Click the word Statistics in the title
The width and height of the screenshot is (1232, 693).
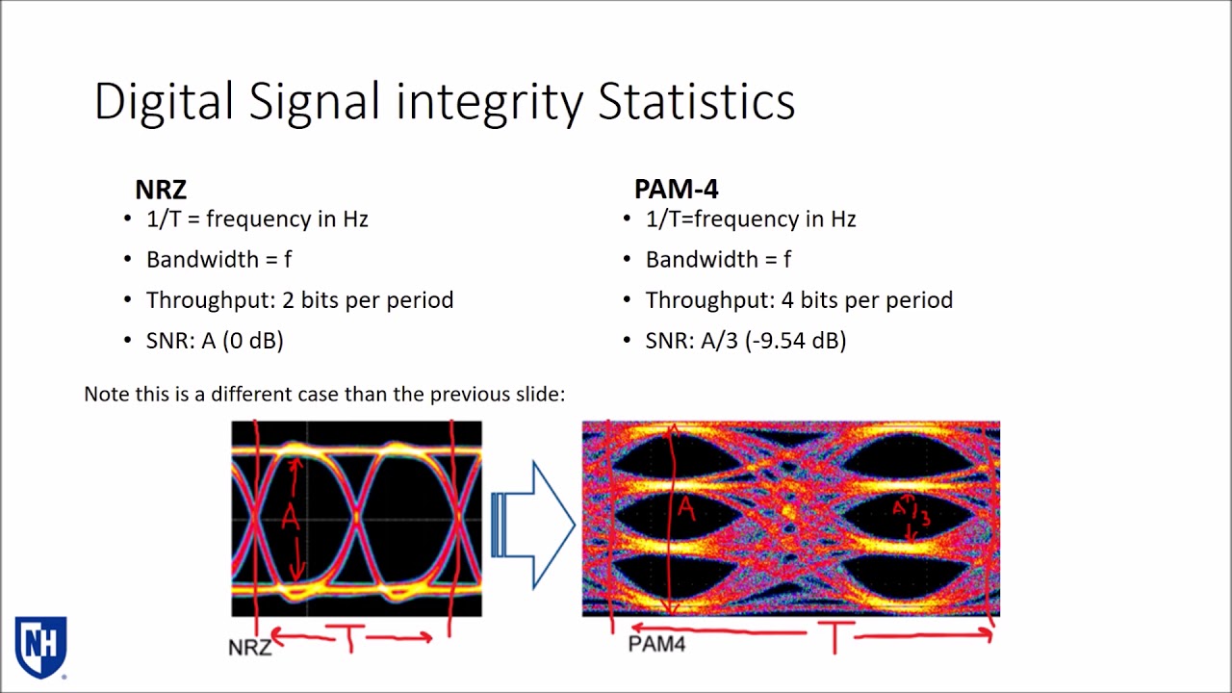pyautogui.click(x=696, y=102)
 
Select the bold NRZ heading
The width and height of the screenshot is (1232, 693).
pyautogui.click(x=161, y=190)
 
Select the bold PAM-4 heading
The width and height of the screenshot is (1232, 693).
pyautogui.click(x=676, y=190)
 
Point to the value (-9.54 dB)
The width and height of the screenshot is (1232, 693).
pyautogui.click(x=795, y=341)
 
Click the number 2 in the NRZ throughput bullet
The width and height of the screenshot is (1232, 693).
pyautogui.click(x=288, y=300)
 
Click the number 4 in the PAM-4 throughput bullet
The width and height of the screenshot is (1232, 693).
pyautogui.click(x=787, y=300)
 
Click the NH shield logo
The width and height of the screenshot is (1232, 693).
pyautogui.click(x=40, y=648)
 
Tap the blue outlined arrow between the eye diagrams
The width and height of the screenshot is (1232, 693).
pyautogui.click(x=533, y=526)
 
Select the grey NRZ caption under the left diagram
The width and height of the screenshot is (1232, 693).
pyautogui.click(x=249, y=648)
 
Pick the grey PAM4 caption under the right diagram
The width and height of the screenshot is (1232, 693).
pyautogui.click(x=656, y=644)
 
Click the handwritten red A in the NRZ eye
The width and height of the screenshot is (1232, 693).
pyautogui.click(x=291, y=517)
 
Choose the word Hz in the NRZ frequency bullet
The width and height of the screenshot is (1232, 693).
pyautogui.click(x=355, y=218)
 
